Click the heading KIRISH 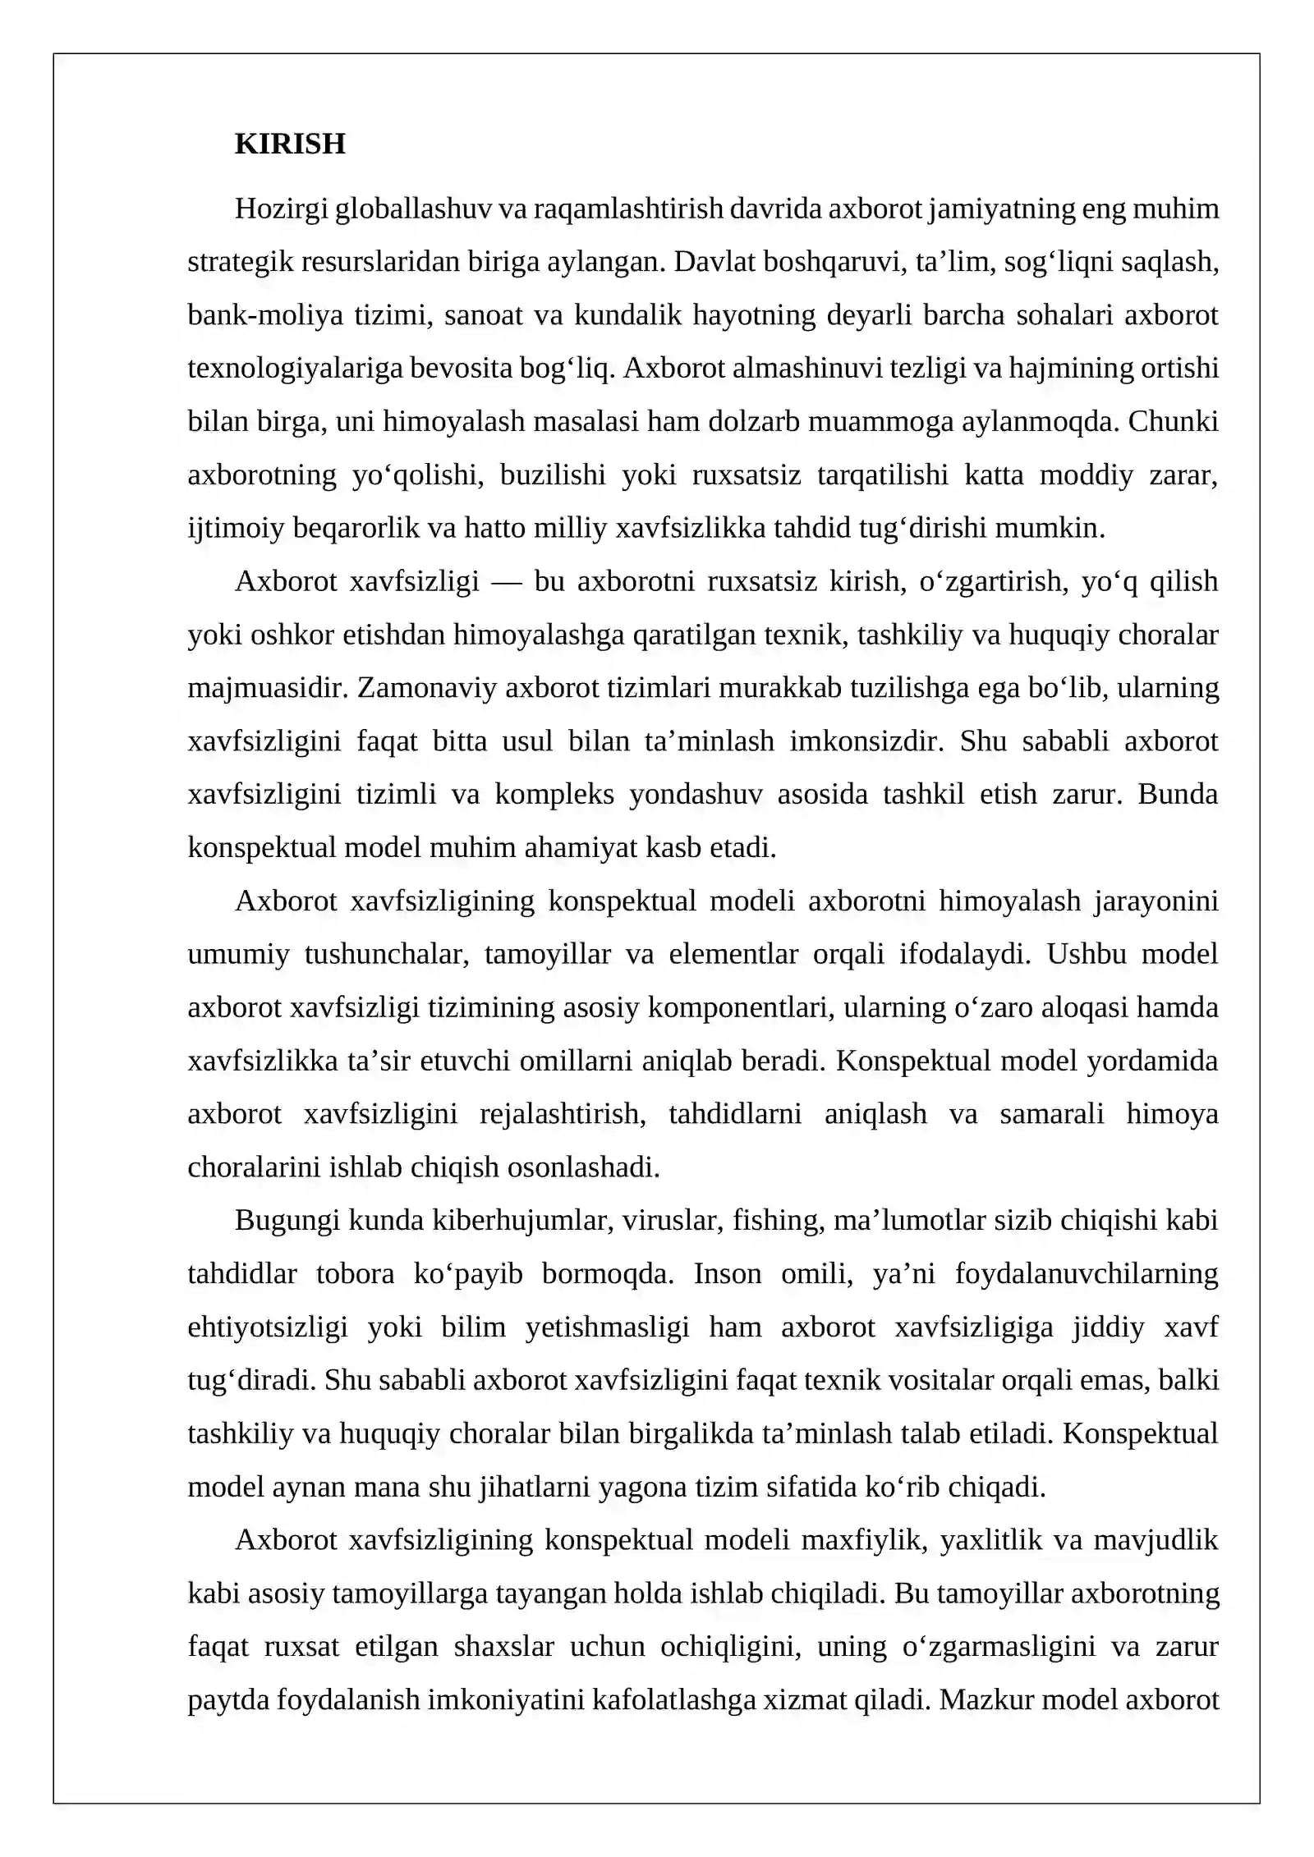(290, 144)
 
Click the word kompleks (554, 795)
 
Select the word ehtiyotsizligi (268, 1327)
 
